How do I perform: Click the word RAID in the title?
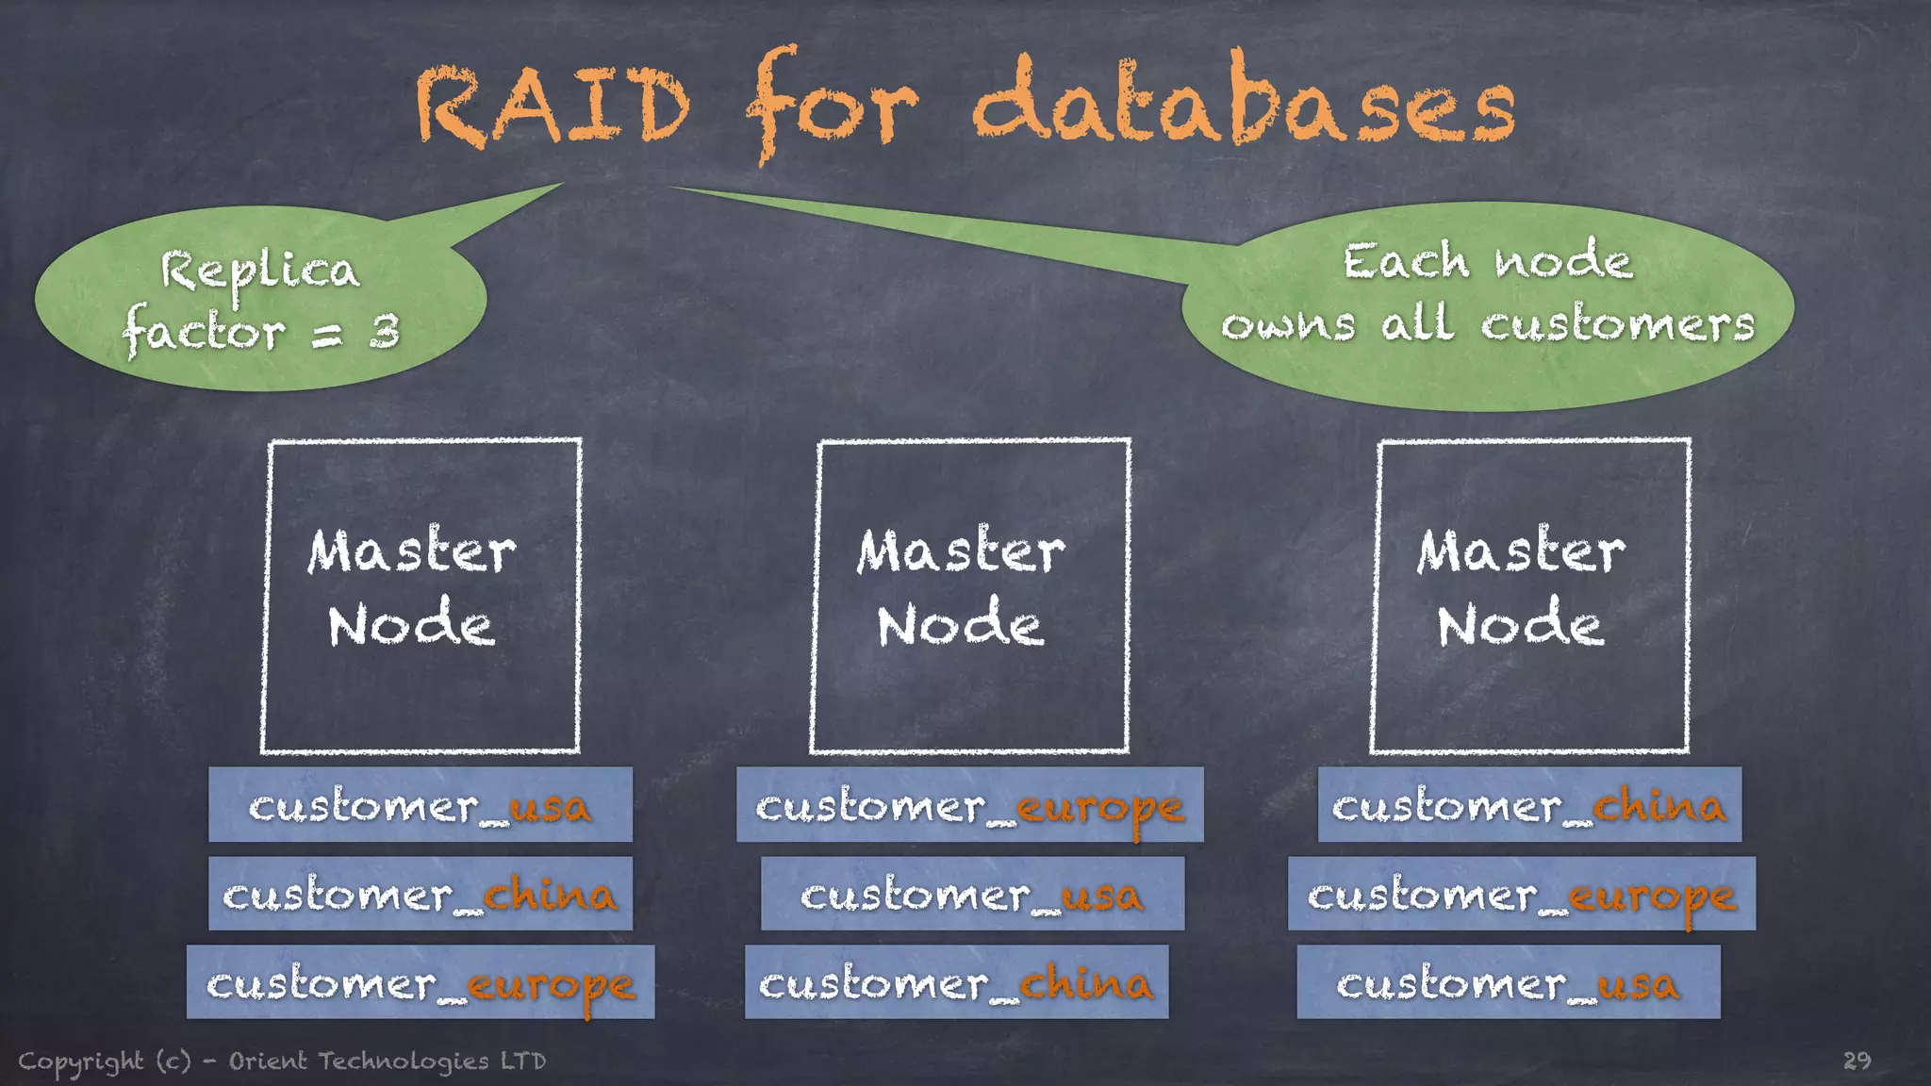554,106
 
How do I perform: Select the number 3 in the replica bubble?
385,332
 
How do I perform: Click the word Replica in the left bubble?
260,271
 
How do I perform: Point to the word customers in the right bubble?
1618,325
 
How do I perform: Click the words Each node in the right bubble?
1487,261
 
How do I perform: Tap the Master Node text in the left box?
412,587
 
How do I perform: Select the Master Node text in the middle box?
961,587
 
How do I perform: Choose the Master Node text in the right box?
1521,587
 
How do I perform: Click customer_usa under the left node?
421,805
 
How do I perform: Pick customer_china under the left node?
421,894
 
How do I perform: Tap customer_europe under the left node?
421,982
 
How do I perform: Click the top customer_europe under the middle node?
969,805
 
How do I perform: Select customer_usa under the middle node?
972,894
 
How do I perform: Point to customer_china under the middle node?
956,982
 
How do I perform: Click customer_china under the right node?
1529,805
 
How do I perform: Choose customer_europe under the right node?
1521,894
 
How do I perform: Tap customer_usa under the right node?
1508,982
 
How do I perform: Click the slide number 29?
1857,1061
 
